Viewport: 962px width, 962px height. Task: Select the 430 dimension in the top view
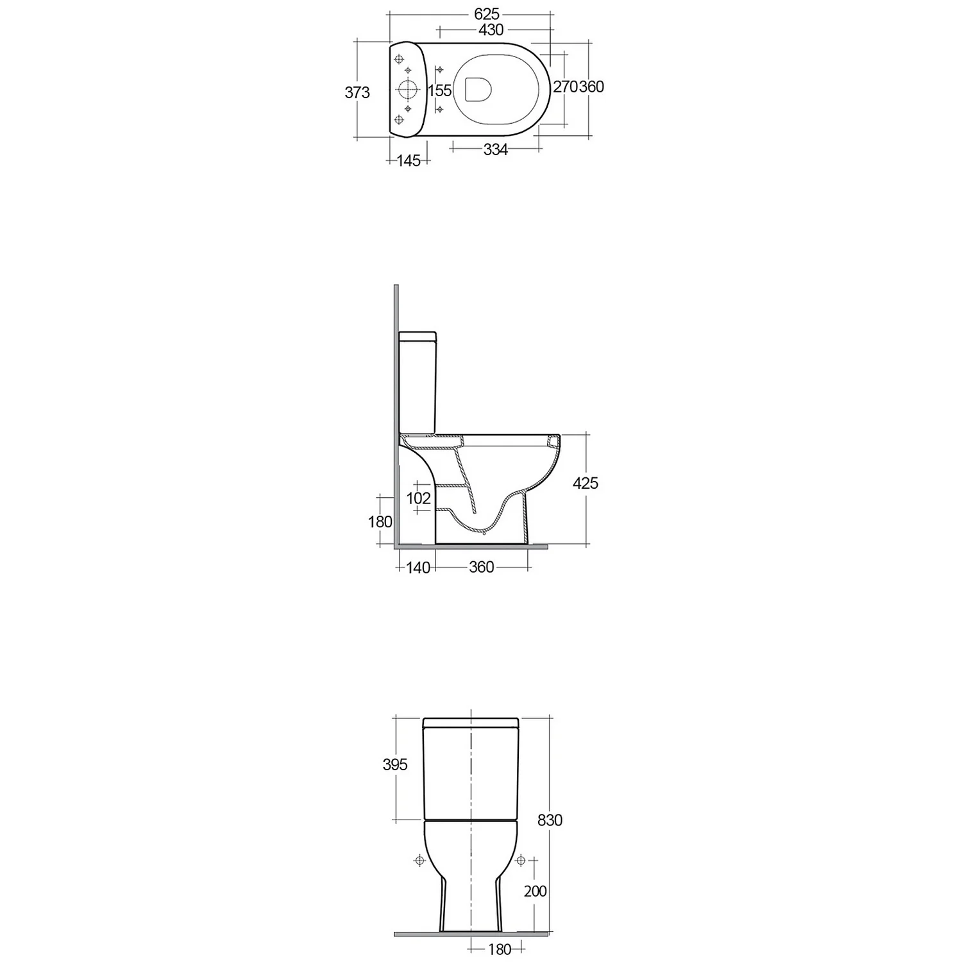point(491,30)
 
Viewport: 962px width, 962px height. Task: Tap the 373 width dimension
point(357,92)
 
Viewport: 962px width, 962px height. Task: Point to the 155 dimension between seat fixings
point(440,90)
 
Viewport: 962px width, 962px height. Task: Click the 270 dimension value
point(566,86)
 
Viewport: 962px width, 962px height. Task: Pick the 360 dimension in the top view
point(591,86)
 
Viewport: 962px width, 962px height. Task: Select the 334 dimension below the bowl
point(495,149)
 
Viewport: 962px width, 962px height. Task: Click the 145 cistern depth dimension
point(409,161)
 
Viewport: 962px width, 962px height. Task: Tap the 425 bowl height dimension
point(585,483)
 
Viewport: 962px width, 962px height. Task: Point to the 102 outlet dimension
point(419,498)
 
